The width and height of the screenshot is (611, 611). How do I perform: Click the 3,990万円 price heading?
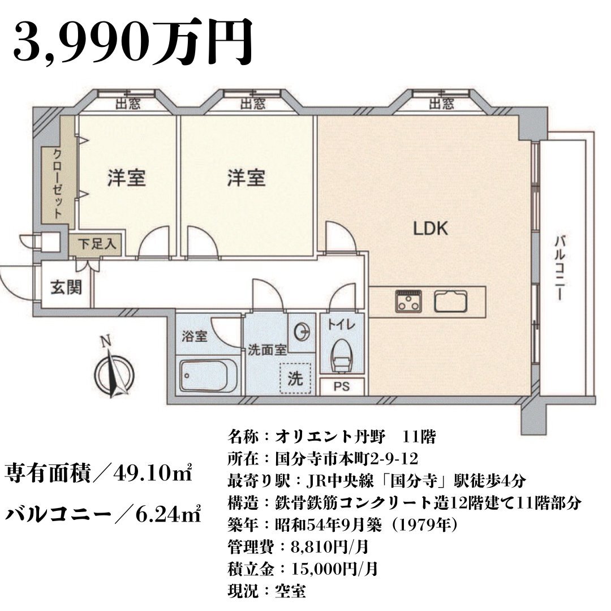click(132, 43)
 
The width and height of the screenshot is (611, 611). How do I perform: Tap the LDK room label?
click(431, 229)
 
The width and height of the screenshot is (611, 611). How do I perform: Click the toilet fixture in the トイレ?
click(342, 356)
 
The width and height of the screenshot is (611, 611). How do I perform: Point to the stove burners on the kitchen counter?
click(408, 301)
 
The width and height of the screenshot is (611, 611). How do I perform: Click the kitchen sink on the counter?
click(451, 301)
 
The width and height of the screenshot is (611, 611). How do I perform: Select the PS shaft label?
click(342, 386)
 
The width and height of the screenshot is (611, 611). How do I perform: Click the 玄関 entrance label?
click(66, 287)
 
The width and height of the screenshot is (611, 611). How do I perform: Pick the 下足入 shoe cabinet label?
click(97, 244)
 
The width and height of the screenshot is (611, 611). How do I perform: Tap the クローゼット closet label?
click(58, 183)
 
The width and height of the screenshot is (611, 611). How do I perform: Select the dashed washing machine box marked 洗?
click(296, 378)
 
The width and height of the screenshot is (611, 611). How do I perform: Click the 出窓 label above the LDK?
click(441, 104)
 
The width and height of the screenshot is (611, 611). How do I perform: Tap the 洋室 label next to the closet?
click(126, 178)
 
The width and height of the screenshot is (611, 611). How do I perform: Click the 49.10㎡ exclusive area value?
click(153, 473)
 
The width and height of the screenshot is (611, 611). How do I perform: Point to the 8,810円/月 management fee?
click(330, 547)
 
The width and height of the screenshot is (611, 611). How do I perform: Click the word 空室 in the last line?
click(290, 591)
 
